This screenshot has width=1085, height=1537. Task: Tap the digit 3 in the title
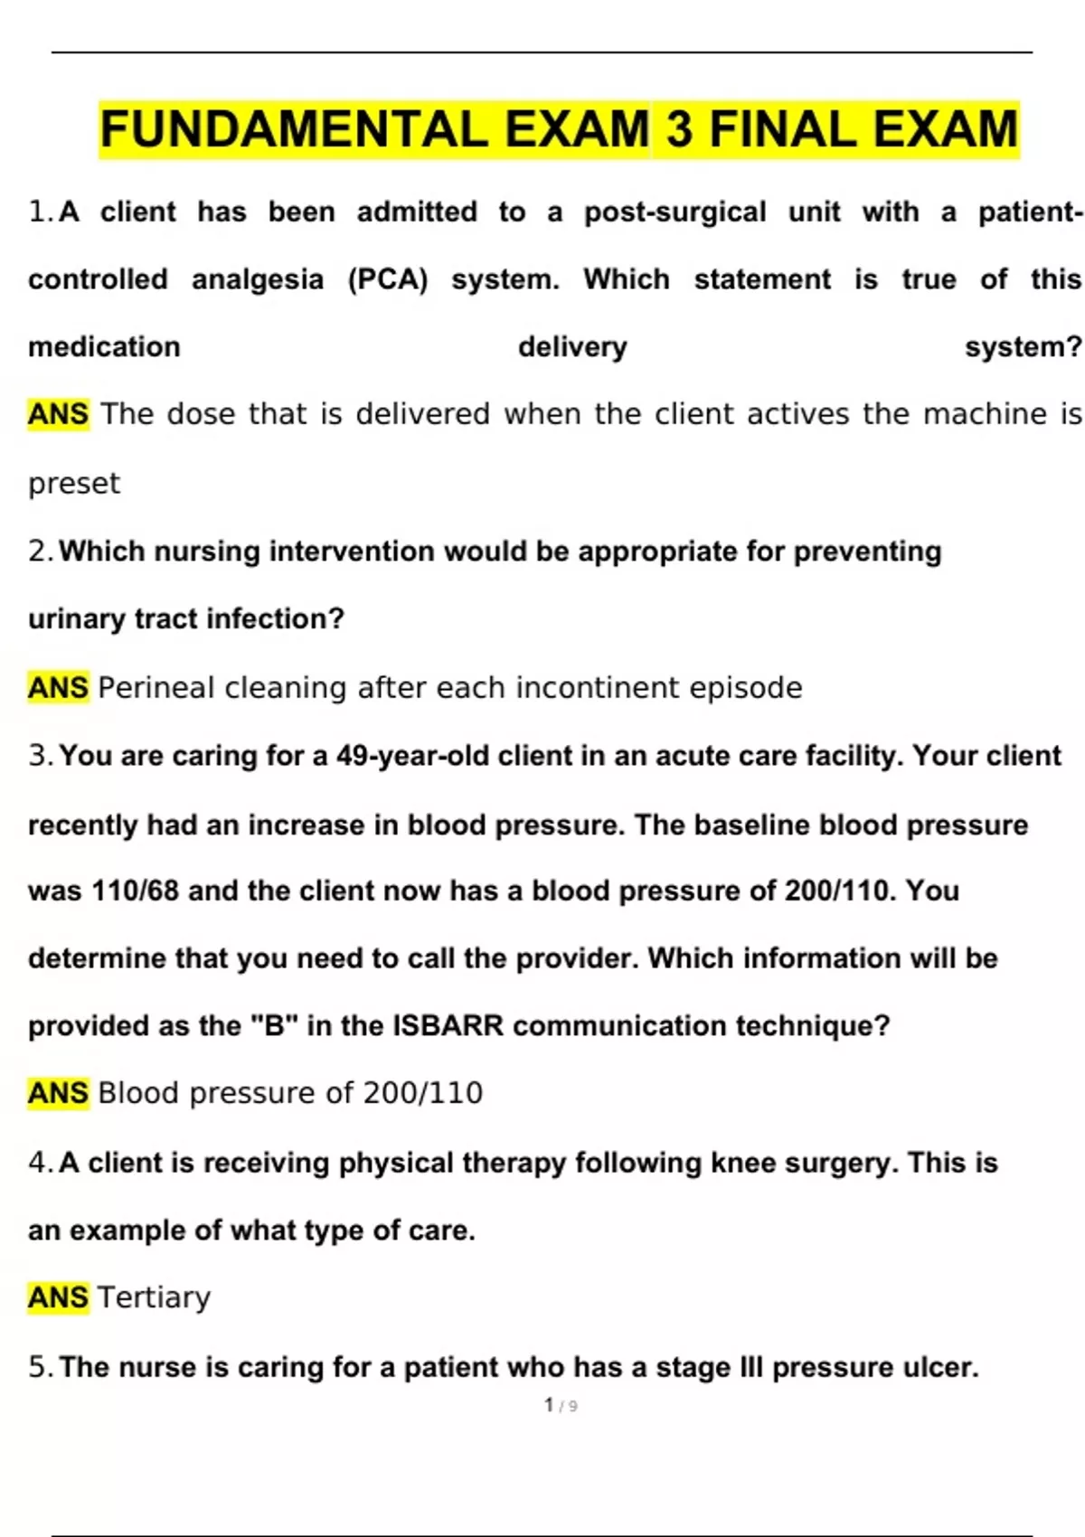coord(679,129)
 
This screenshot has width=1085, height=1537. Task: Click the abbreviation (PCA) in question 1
coord(388,279)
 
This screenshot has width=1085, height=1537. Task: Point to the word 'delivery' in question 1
coord(572,347)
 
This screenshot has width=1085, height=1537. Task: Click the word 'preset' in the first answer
coord(73,484)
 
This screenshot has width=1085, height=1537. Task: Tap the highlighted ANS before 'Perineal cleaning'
coord(58,688)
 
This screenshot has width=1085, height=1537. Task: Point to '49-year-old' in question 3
coord(412,756)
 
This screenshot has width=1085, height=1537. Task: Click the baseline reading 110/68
coord(136,891)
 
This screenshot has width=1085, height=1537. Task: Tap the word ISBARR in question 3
coord(448,1026)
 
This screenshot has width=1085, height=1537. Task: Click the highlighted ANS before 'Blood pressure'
coord(58,1093)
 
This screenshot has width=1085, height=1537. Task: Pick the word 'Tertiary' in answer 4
coord(154,1297)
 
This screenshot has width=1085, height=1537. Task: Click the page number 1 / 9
coord(561,1406)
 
